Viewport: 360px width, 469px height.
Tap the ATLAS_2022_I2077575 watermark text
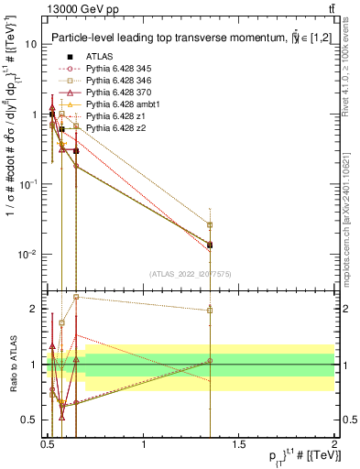click(190, 274)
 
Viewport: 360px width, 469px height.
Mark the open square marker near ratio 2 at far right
click(210, 311)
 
